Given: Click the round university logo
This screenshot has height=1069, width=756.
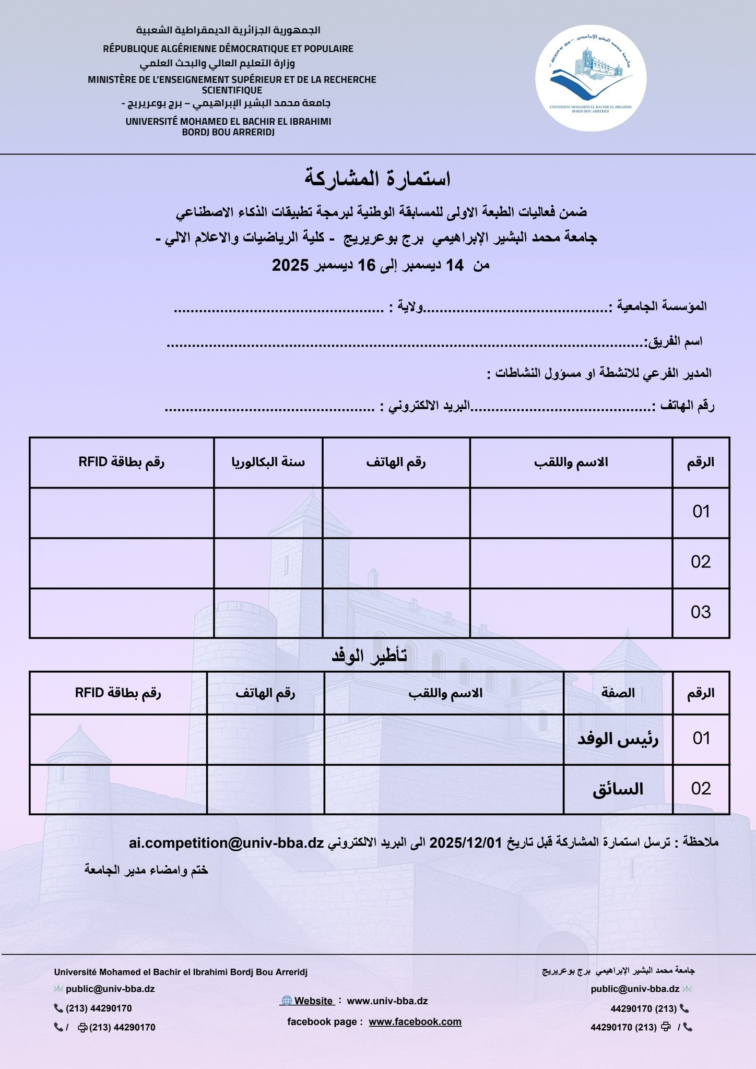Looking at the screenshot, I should click(x=590, y=78).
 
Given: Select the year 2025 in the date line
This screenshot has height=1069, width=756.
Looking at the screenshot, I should click(x=291, y=265).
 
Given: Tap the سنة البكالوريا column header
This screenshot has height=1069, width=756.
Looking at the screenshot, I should click(x=268, y=462).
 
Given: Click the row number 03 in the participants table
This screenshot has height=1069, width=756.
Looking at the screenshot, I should click(x=701, y=612).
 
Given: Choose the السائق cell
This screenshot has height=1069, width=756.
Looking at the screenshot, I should click(x=618, y=789).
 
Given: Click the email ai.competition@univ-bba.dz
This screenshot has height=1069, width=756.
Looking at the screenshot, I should click(x=226, y=843).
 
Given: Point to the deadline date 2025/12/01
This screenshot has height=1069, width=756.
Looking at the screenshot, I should click(x=466, y=843).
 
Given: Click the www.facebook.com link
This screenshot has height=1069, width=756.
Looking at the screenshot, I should click(x=415, y=1022).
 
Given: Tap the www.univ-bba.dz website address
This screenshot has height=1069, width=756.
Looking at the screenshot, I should click(x=387, y=1001).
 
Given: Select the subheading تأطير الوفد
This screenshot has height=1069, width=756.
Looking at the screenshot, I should click(x=369, y=656).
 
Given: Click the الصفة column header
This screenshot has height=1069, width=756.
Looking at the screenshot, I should click(x=618, y=693).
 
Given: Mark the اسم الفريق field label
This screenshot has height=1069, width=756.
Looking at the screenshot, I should click(x=674, y=341).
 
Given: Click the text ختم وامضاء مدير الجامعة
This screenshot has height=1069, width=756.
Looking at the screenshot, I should click(x=146, y=870).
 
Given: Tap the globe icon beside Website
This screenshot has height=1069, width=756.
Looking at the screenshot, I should click(x=286, y=1001).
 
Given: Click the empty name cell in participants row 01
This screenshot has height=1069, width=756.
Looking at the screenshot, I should click(x=571, y=513).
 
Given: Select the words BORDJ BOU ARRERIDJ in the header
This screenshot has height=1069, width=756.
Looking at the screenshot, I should click(x=228, y=133).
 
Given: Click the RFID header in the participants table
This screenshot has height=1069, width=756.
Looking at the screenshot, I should click(x=122, y=462).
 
